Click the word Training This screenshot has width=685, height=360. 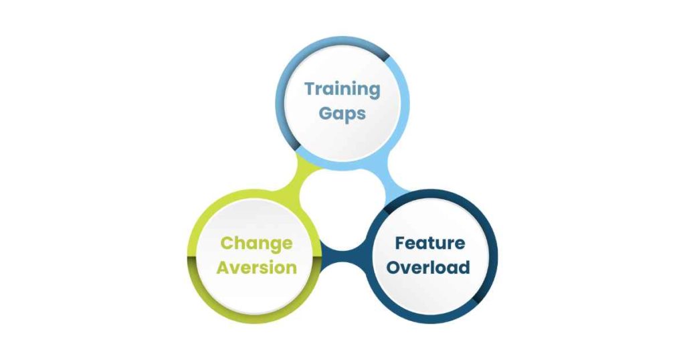coord(342,90)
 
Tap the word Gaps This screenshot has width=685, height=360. coord(342,113)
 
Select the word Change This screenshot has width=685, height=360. coord(256,244)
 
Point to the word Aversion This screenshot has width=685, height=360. coord(256,268)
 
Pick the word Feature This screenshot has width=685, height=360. coord(430,244)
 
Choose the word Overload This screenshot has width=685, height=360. coord(428,267)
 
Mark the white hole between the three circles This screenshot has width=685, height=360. coord(343,210)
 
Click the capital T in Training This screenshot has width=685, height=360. coord(310,89)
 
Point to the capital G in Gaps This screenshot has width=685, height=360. coord(326,112)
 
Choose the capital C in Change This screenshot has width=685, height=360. coord(227,243)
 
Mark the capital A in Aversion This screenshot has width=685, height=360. coord(224,268)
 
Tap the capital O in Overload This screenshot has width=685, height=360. coord(394,268)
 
